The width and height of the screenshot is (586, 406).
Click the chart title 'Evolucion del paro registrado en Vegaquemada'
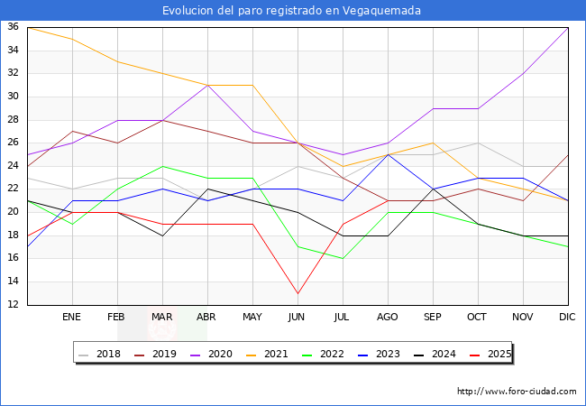[x=292, y=11]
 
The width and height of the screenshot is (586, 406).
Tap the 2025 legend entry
[x=497, y=354]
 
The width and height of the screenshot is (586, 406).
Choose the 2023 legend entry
[x=387, y=354]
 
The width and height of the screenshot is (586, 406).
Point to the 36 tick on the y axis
[x=14, y=27]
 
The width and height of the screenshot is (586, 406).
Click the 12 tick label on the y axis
[x=14, y=305]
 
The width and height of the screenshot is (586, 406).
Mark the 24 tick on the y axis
[x=14, y=166]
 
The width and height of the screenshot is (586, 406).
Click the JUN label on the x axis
[x=298, y=318]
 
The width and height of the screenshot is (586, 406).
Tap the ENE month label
[x=72, y=318]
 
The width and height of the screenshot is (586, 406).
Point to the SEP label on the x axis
[x=433, y=318]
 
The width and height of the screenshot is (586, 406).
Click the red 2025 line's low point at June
[x=298, y=293]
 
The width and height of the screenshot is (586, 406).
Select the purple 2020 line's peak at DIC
[x=568, y=27]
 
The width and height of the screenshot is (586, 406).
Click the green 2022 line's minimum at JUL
[x=343, y=259]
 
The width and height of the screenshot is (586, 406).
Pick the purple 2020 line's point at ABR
[x=207, y=85]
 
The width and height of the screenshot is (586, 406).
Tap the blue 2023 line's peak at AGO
[x=388, y=154]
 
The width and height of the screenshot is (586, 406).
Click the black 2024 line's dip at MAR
[x=162, y=235]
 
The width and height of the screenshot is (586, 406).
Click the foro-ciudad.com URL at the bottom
[x=517, y=392]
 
